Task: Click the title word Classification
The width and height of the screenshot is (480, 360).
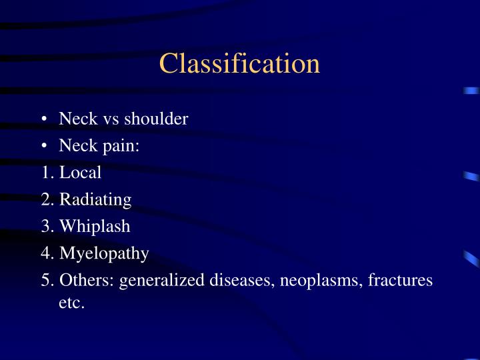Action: pos(239,64)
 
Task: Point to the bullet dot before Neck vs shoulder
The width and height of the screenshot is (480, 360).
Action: pos(43,119)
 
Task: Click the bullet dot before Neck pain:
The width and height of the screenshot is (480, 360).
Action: pos(43,146)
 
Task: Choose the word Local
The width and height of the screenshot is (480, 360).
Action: pos(80,173)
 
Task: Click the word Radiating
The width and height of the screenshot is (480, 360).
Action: pos(95,199)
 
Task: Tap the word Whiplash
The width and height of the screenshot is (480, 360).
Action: pos(95,226)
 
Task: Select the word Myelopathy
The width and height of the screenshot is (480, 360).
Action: pos(104,253)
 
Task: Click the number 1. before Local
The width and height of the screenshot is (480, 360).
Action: pos(47,173)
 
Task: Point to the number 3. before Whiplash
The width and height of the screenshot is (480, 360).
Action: pos(47,226)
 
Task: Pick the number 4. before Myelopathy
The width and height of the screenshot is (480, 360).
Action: pos(47,253)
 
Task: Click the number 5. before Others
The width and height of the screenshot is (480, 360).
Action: pos(47,280)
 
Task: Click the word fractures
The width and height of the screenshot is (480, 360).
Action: pos(401,280)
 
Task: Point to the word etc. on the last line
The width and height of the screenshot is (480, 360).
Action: pos(72,303)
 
